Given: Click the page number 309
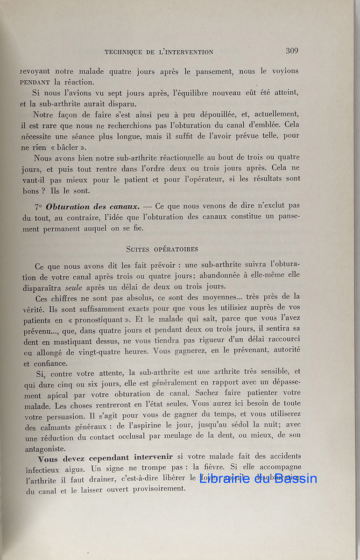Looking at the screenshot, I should [x=292, y=51].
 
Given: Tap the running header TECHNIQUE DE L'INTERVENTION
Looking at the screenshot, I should [x=159, y=52].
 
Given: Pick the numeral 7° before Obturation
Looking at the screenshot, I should [x=38, y=206].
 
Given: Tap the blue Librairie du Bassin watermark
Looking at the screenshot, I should [x=258, y=478].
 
